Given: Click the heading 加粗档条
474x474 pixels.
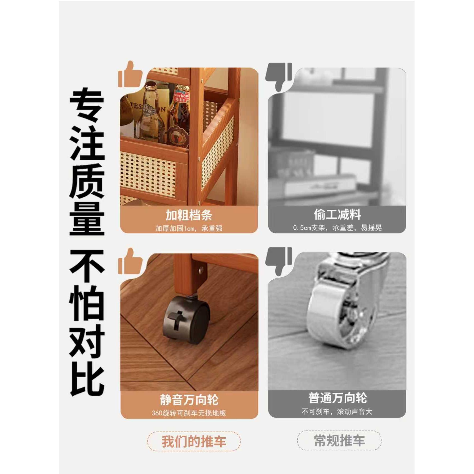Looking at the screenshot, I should click(189, 215).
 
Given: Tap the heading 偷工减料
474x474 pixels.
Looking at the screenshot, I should click(337, 214).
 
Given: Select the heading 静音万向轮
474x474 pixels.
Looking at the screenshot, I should click(189, 400).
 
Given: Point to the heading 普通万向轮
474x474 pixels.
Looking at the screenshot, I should click(337, 398).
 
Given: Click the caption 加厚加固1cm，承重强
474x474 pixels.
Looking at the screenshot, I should click(189, 229).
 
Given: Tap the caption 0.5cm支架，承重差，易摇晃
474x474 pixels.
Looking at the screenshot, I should click(337, 228).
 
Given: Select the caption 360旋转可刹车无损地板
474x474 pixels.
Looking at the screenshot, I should click(189, 413).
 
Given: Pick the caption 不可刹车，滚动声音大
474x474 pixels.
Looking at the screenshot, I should click(337, 412).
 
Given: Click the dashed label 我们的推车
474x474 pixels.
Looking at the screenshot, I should click(194, 442).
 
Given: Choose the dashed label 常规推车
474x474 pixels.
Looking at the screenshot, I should click(339, 441).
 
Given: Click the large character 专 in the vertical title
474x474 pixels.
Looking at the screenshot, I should click(87, 105).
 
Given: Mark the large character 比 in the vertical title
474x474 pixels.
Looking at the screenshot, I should click(87, 379).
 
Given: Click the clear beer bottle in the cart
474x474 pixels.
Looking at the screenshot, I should click(150, 114).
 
